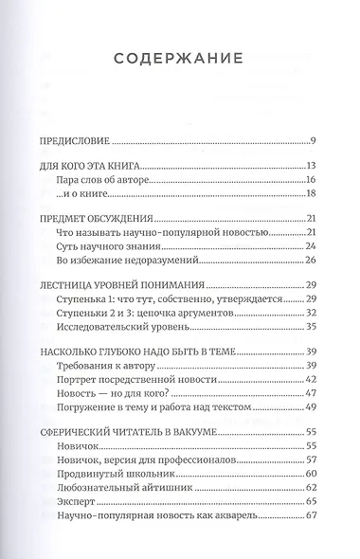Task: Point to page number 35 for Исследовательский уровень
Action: pos(309,326)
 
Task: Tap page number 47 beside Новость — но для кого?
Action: pos(309,392)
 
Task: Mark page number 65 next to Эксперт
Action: pos(309,501)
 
